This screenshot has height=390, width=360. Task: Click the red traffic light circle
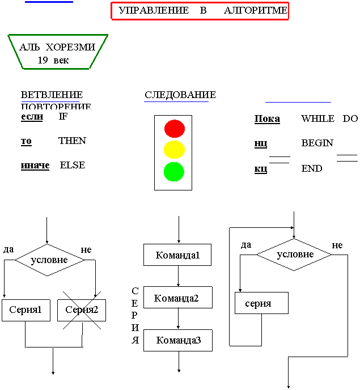175,129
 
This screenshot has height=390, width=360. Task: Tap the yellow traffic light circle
175,150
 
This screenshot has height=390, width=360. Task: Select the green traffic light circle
175,171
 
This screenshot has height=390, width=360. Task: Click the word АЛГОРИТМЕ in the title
256,10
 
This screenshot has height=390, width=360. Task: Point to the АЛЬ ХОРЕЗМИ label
57,47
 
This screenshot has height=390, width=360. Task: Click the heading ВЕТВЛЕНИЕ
52,95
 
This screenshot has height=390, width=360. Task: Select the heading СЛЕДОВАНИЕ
180,95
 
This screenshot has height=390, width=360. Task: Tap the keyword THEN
72,141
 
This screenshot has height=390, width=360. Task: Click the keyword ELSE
72,165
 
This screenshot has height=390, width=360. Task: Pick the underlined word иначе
35,165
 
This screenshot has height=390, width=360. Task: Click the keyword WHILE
318,118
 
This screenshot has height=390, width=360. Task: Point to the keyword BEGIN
317,143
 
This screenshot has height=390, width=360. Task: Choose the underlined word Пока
267,118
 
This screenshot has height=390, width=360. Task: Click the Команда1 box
177,255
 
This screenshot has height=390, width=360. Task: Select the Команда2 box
177,298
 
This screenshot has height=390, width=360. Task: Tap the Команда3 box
177,340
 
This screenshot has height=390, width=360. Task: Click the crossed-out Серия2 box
82,310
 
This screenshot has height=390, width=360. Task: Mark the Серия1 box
26,310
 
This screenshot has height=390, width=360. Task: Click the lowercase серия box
261,303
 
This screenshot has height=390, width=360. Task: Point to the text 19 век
53,60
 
